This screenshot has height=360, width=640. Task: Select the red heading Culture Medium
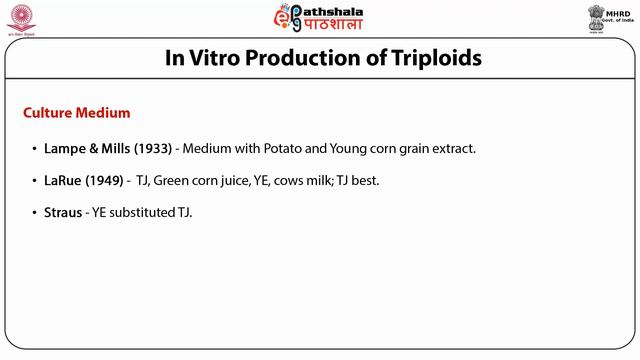click(x=76, y=112)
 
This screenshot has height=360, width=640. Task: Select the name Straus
click(x=63, y=213)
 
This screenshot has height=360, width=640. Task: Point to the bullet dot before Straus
click(x=35, y=213)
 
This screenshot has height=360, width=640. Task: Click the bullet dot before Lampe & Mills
click(x=35, y=148)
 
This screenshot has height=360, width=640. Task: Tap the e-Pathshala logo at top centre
click(x=318, y=18)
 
